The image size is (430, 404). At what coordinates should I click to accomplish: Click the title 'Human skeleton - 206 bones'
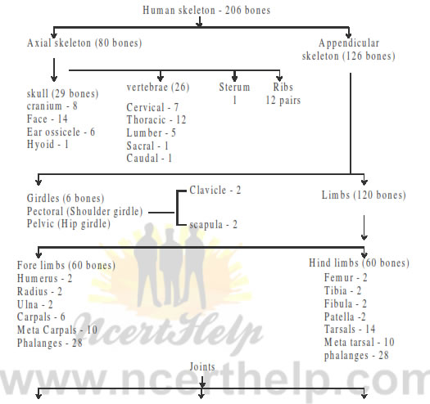click(206, 11)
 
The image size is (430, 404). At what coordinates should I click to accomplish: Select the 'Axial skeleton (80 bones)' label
click(84, 43)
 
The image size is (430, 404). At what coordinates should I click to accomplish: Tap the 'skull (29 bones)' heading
click(62, 94)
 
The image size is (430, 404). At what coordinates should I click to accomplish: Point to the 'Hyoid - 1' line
click(48, 145)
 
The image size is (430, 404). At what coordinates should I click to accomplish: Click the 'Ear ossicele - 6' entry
click(61, 132)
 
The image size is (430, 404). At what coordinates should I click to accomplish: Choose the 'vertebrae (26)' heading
click(158, 88)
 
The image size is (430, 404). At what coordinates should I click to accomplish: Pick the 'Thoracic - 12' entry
click(156, 120)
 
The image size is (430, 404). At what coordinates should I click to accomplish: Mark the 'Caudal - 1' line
click(149, 159)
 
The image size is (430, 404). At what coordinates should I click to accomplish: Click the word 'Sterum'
click(234, 88)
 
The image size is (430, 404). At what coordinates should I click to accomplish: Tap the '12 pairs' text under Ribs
click(283, 101)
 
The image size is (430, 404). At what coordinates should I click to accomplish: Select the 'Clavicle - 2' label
click(215, 190)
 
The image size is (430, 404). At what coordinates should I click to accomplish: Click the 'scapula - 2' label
click(213, 225)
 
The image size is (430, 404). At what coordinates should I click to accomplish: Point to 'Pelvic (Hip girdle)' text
click(69, 224)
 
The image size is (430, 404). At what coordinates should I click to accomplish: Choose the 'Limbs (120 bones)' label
click(364, 195)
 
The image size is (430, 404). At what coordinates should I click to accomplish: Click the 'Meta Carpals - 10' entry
click(57, 330)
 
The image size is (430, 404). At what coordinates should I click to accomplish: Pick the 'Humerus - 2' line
click(45, 279)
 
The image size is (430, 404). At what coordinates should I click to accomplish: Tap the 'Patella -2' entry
click(345, 316)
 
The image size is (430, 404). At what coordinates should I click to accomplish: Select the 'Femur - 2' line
click(346, 278)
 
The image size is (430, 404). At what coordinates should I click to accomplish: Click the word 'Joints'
click(202, 367)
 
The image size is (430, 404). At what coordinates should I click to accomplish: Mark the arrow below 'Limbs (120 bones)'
click(364, 227)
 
